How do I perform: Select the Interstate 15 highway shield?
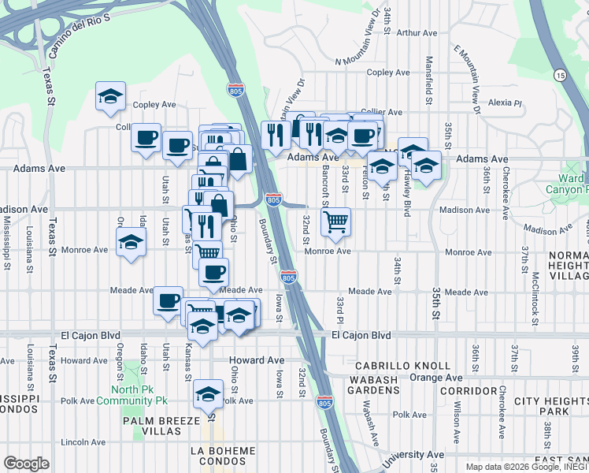560,75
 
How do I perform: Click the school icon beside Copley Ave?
111,97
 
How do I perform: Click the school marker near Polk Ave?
209,394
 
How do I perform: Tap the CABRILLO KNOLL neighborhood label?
402,366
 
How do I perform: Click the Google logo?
26,463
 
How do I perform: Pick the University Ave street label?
417,455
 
